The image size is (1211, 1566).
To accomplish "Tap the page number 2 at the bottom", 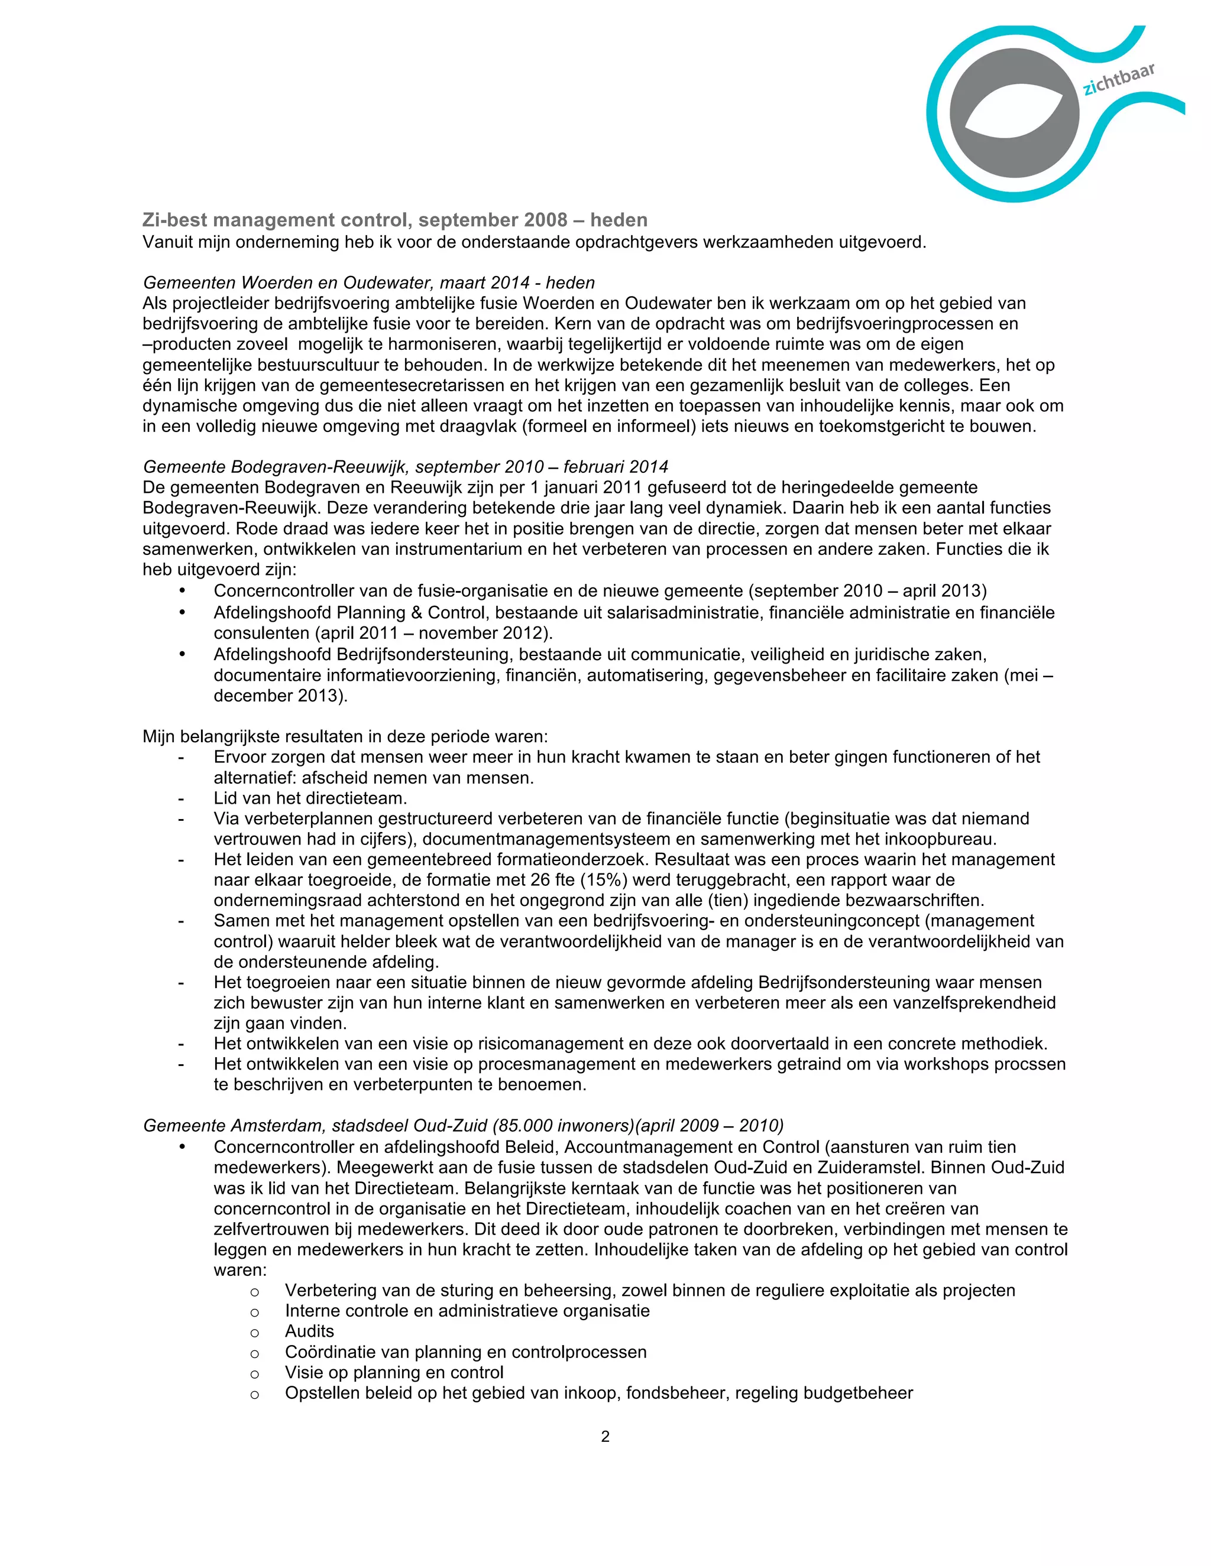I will pyautogui.click(x=605, y=1436).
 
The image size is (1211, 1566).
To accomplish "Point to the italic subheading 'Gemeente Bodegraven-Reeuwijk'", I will pyautogui.click(x=276, y=467).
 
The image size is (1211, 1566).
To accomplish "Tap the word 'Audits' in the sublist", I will pyautogui.click(x=309, y=1331).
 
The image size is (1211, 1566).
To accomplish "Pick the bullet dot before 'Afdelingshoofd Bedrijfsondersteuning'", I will pyautogui.click(x=182, y=654).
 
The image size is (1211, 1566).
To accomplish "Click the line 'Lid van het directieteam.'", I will pyautogui.click(x=310, y=798).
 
